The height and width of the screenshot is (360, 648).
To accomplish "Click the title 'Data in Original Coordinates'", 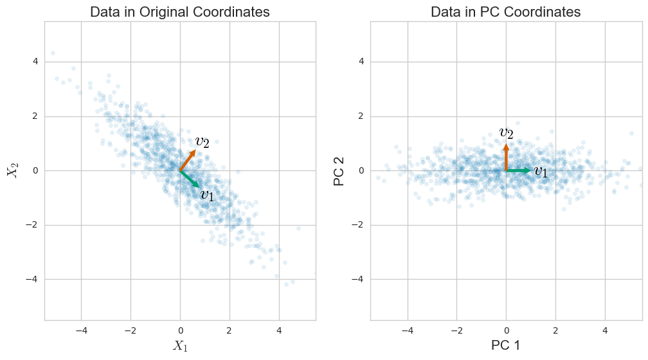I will [x=180, y=12].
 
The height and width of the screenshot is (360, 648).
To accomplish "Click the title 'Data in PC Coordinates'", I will [x=506, y=12].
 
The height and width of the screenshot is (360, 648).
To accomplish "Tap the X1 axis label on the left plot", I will [x=179, y=346].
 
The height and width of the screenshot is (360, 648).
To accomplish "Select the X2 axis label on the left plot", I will [x=12, y=170].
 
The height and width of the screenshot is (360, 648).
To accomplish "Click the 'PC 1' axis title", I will [x=506, y=345].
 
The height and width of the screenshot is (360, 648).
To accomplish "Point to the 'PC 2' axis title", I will [x=339, y=170].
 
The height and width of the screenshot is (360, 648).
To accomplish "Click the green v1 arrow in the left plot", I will [x=190, y=179].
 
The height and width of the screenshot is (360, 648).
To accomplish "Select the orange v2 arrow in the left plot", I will [x=188, y=160].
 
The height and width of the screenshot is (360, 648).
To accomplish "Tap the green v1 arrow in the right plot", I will [x=519, y=170].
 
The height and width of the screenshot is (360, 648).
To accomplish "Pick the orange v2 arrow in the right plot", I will [x=506, y=157].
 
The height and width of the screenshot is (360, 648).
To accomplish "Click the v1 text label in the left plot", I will [x=207, y=195].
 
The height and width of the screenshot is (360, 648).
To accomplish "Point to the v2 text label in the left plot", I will [x=203, y=141].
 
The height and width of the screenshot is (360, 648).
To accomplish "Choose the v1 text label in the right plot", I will [x=541, y=172].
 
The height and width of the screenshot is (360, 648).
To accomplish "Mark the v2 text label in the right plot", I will [x=507, y=132].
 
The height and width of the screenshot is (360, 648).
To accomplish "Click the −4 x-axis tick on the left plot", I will [x=81, y=331].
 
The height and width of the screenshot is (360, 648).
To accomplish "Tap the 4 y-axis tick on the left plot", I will [x=35, y=62].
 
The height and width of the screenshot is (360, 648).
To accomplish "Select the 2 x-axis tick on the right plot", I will [x=555, y=331].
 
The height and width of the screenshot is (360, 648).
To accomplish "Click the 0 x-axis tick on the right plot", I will [x=506, y=331].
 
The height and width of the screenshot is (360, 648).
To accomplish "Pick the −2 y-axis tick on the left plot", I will [x=33, y=225].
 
